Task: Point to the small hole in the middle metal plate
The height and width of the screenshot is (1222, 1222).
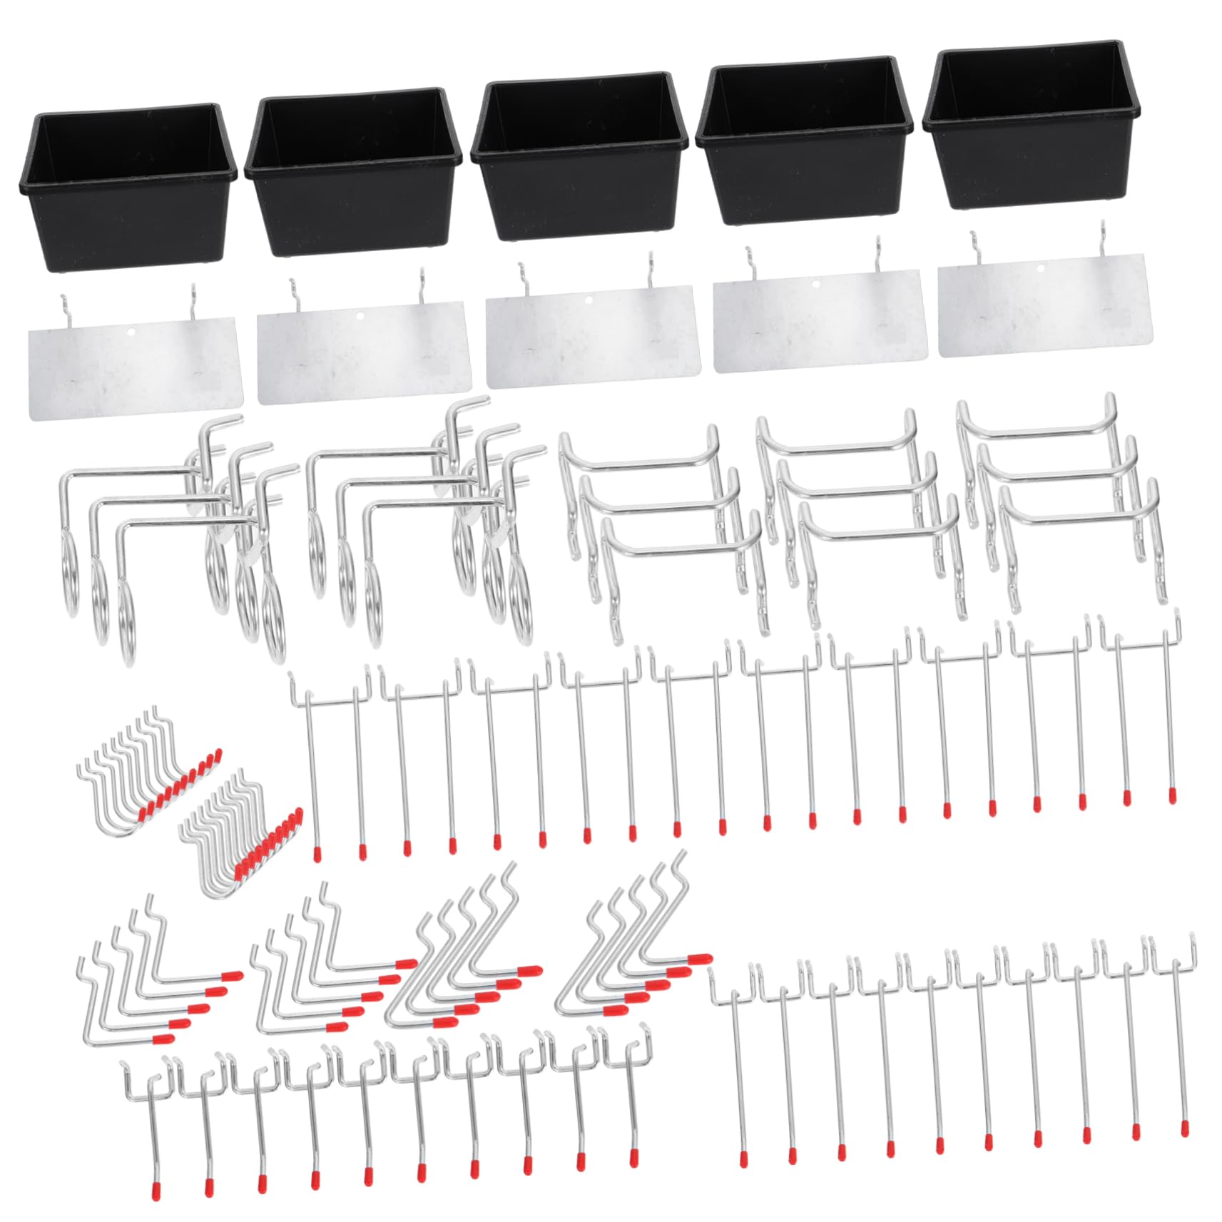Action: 589,300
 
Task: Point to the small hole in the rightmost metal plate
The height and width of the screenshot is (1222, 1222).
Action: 1040,269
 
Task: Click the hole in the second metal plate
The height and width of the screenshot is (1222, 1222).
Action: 360,315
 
